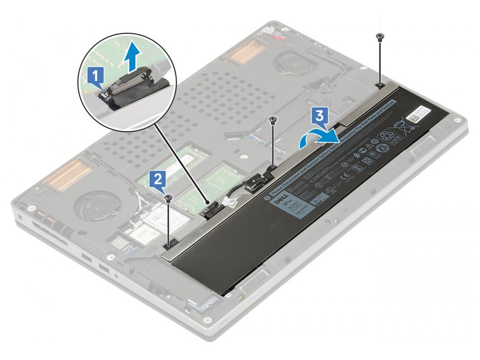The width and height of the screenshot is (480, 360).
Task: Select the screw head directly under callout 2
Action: (x=168, y=198)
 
